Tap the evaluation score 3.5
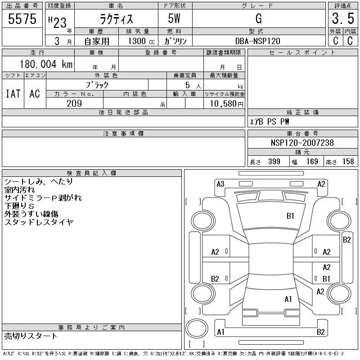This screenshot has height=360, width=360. [342, 19]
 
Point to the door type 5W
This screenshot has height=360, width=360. [175, 19]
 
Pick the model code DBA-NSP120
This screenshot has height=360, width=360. [258, 41]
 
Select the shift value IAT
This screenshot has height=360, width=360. [13, 93]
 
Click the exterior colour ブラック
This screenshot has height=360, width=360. [97, 84]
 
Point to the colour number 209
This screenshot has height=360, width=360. [74, 103]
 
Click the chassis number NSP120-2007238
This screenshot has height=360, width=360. [302, 143]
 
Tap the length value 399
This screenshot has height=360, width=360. [274, 162]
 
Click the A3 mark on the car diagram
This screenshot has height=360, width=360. [220, 184]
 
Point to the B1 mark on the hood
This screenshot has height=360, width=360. [290, 216]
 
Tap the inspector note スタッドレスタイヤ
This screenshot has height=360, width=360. [39, 222]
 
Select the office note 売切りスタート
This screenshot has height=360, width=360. [31, 336]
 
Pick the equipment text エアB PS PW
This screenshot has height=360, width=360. [270, 122]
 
